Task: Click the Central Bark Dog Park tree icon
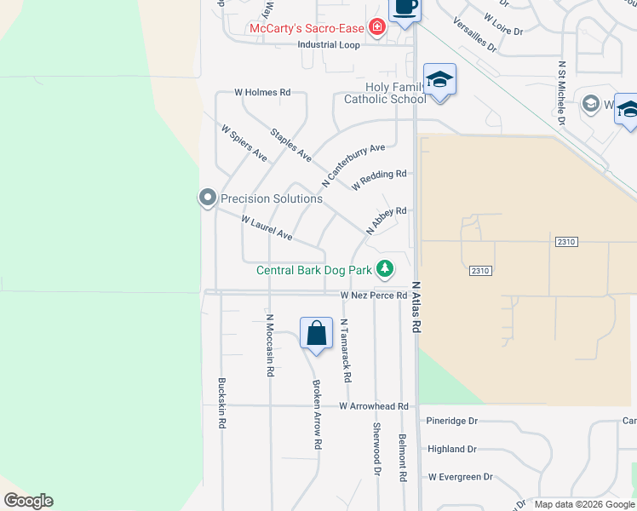(x=386, y=269)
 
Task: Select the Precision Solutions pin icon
(x=207, y=198)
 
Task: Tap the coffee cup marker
(x=405, y=8)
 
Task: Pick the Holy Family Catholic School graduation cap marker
(x=439, y=80)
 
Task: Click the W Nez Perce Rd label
(x=374, y=295)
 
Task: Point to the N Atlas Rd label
(x=416, y=307)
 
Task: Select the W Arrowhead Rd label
(x=373, y=406)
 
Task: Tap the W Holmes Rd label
(x=263, y=92)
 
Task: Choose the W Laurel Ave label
(x=267, y=227)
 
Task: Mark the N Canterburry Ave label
(x=353, y=165)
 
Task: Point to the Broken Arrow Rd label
(x=316, y=415)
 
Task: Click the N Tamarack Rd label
(x=345, y=350)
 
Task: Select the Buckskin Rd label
(x=222, y=402)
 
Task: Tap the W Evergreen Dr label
(x=460, y=477)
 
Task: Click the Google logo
(x=28, y=501)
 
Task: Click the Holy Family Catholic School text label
(x=384, y=93)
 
